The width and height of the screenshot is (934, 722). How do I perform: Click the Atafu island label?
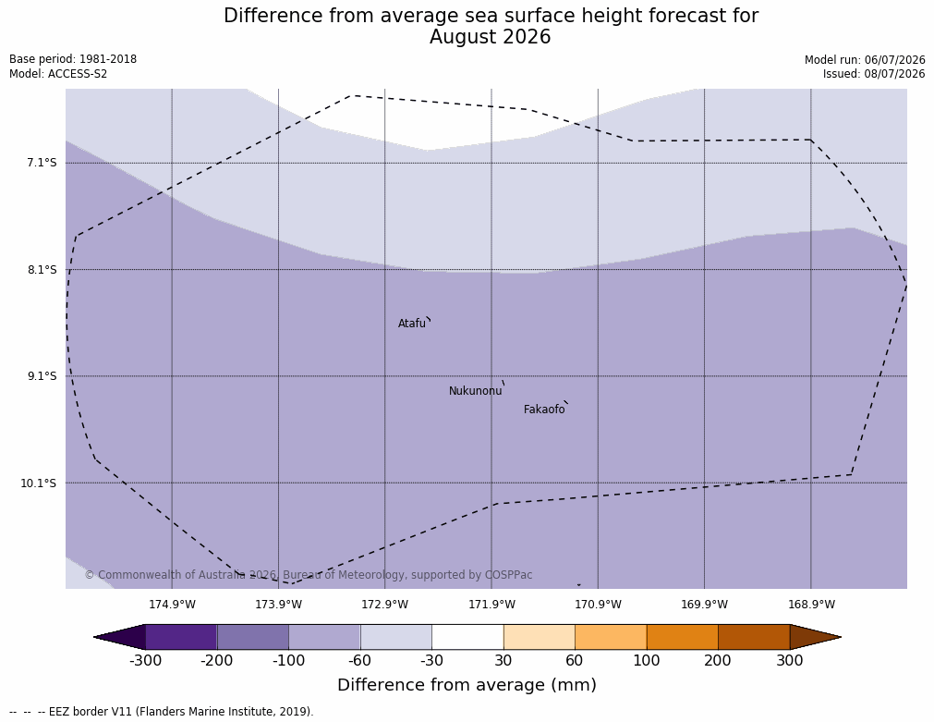tap(412, 324)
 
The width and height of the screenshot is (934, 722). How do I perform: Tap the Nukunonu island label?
tap(476, 391)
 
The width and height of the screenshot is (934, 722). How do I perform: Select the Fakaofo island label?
tap(544, 410)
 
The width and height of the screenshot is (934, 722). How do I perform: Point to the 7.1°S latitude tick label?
tap(42, 163)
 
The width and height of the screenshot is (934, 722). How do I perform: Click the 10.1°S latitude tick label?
tap(39, 483)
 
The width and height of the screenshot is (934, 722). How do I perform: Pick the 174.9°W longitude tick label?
tap(172, 605)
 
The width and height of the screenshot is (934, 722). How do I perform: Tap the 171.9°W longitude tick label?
tap(491, 605)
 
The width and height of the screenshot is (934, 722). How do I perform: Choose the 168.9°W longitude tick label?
tap(811, 605)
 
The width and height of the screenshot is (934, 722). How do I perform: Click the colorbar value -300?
tap(145, 661)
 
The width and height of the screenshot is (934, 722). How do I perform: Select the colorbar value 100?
tap(647, 661)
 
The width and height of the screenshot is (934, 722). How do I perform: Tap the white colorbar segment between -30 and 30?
tap(467, 637)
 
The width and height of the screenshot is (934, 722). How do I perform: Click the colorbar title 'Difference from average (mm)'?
tap(467, 684)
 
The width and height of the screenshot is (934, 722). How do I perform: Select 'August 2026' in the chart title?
tap(491, 37)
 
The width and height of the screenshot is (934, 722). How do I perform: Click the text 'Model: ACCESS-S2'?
tap(58, 74)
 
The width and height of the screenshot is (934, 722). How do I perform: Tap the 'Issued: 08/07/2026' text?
tap(874, 74)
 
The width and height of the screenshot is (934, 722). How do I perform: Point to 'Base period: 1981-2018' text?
tap(73, 59)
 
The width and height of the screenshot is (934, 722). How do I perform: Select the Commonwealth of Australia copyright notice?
tap(309, 575)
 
